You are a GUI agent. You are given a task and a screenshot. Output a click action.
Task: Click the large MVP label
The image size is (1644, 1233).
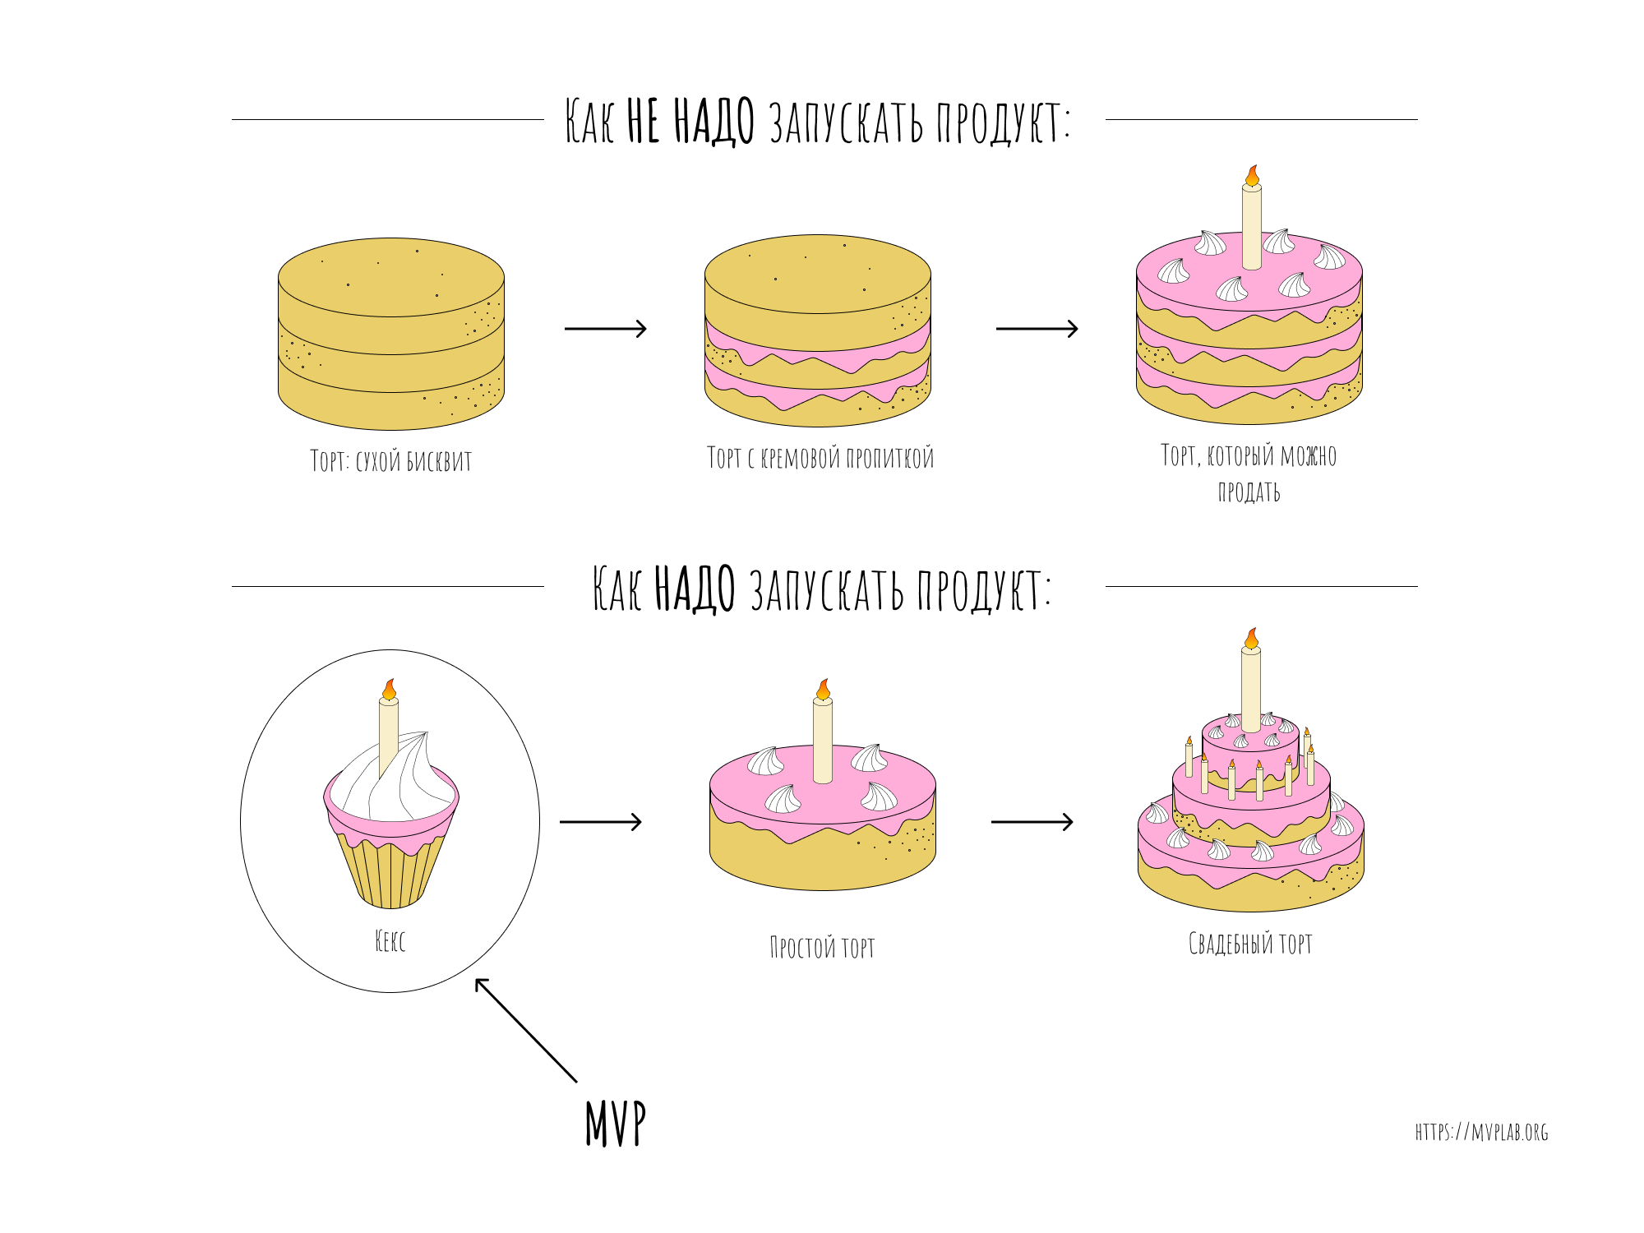(616, 1123)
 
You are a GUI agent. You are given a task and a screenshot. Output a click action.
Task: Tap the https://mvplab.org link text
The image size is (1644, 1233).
(1481, 1133)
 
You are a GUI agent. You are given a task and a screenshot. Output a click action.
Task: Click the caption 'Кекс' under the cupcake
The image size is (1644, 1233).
(390, 941)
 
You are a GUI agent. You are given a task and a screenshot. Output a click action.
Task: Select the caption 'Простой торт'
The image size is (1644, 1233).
(822, 947)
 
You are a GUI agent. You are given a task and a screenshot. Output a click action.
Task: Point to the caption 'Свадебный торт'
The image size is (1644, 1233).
(1250, 943)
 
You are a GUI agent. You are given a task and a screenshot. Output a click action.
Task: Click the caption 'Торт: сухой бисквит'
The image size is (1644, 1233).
(391, 460)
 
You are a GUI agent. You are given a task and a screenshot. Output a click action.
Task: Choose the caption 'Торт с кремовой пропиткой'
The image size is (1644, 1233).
(820, 457)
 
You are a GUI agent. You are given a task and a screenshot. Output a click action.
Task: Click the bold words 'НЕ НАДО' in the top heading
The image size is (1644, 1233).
(690, 122)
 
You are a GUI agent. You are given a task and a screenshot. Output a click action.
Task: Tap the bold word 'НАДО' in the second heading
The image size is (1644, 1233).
(695, 589)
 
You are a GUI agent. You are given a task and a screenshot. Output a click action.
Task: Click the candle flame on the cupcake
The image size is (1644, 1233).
(390, 690)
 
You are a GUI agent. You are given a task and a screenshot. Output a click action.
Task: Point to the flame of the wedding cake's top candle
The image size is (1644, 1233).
(1251, 639)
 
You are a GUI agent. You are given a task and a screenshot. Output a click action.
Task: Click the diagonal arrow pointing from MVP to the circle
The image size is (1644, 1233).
(526, 1030)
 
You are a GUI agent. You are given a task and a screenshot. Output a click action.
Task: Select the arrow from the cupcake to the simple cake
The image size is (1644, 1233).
(601, 822)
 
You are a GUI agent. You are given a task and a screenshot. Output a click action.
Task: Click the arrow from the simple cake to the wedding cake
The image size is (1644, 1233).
(1032, 822)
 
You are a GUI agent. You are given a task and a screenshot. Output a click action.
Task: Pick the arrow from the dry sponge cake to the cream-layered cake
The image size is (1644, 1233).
(606, 329)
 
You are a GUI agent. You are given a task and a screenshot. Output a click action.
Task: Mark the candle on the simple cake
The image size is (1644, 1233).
(823, 739)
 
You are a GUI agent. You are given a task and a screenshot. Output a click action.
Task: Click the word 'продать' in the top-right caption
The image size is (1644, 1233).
(1249, 492)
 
